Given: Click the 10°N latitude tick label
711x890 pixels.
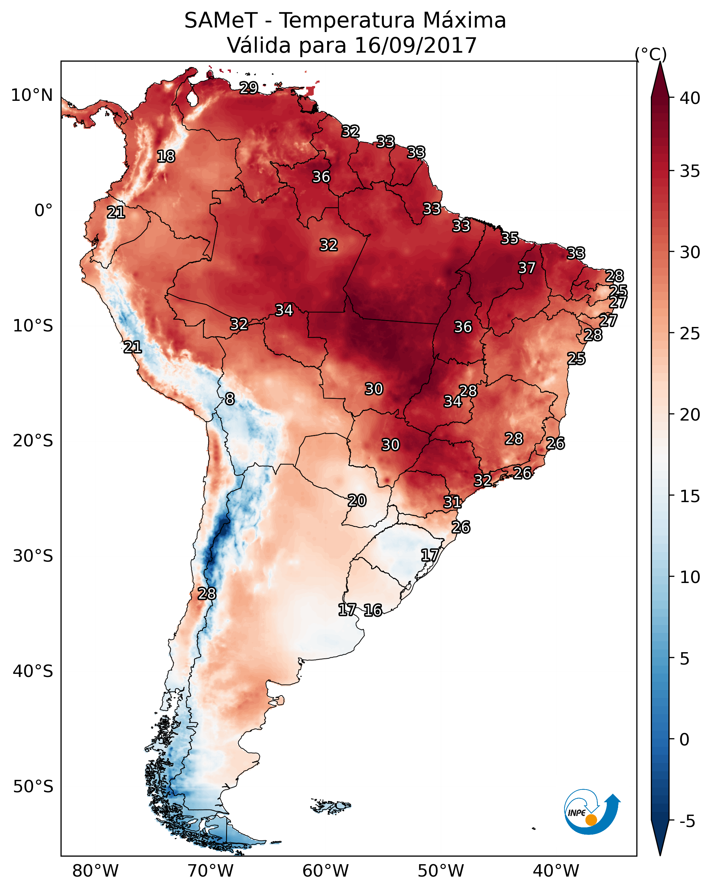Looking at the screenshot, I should click(x=32, y=95).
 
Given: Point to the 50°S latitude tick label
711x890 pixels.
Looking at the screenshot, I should click(x=33, y=787).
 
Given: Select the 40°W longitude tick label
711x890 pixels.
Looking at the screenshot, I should click(x=556, y=871).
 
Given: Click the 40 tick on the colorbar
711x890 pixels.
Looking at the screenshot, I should click(x=690, y=98).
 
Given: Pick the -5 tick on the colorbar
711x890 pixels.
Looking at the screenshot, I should click(x=687, y=822).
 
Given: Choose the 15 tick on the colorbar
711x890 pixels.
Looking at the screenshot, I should click(x=690, y=496).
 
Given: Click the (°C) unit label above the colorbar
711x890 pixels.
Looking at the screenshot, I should click(x=651, y=54).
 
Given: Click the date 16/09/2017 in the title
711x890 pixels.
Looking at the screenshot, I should click(x=415, y=45).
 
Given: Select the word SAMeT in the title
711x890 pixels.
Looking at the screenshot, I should click(x=221, y=21).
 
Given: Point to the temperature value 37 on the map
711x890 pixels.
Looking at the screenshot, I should click(x=527, y=268).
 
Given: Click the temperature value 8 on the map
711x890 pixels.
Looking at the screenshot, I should click(x=230, y=399).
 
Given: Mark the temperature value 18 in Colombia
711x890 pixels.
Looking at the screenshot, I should click(x=166, y=157).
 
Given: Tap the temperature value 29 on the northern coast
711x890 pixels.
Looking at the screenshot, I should click(x=249, y=87).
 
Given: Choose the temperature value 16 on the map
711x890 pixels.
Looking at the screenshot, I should click(x=373, y=610).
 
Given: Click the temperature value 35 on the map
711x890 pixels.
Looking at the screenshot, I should click(x=510, y=238).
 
